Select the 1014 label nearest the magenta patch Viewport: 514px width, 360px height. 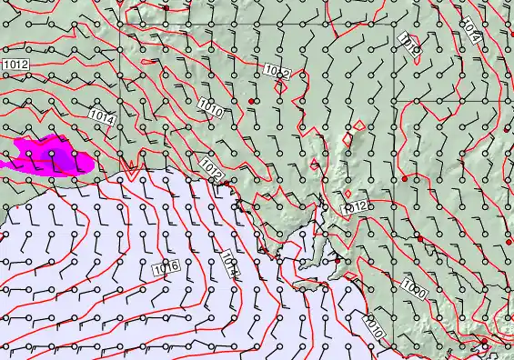tap(102, 117)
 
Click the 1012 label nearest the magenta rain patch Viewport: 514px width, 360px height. tap(15, 65)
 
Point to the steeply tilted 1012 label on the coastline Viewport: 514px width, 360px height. tap(213, 169)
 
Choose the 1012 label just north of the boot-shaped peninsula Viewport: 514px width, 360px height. tap(354, 207)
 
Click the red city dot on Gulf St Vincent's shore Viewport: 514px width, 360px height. tap(338, 261)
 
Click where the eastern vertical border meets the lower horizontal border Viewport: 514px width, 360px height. tap(394, 101)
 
